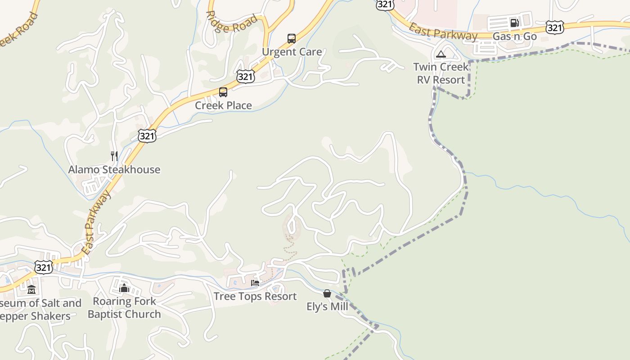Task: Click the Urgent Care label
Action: tap(292, 52)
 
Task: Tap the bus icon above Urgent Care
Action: tap(292, 39)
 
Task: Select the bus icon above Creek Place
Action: tap(223, 92)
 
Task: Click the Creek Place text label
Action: tap(223, 105)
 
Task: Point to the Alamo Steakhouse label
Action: tap(114, 170)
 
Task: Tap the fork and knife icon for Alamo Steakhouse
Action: tap(114, 156)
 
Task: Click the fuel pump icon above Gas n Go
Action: tap(514, 22)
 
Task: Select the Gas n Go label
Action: tap(515, 36)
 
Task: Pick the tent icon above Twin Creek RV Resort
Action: tap(441, 54)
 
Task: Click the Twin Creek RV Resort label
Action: tap(441, 73)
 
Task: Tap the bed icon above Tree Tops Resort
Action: tap(255, 283)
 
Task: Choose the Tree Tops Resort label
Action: tap(255, 296)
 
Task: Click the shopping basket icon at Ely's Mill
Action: tap(327, 293)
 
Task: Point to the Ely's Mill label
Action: tap(327, 307)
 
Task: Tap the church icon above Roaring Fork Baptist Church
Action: tap(124, 288)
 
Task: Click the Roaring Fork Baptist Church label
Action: tap(124, 308)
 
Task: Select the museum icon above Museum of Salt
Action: tap(31, 290)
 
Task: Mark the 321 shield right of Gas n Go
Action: tap(555, 27)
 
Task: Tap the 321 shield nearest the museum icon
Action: tap(44, 267)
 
